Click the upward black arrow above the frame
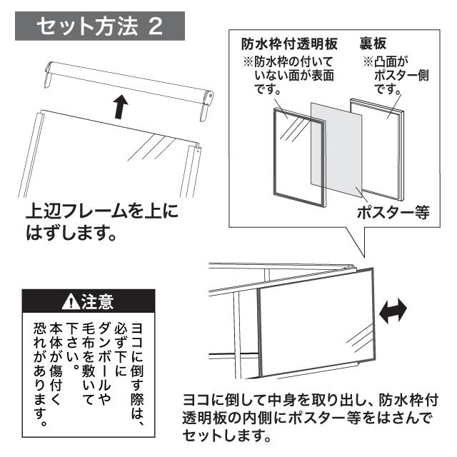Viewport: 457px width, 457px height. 121,107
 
